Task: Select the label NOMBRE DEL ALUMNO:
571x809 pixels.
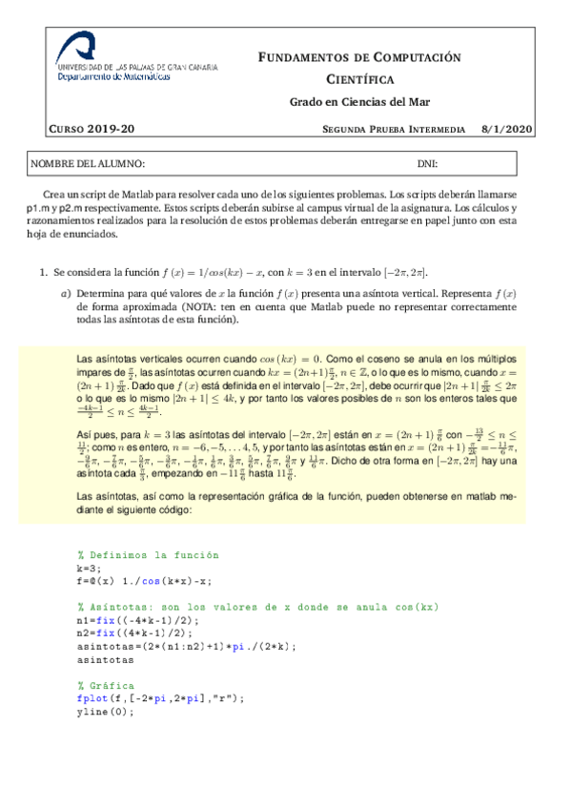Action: coord(89,164)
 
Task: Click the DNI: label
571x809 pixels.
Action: coord(427,164)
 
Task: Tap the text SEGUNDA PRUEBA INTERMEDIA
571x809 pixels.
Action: coord(394,129)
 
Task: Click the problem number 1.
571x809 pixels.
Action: coord(43,273)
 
